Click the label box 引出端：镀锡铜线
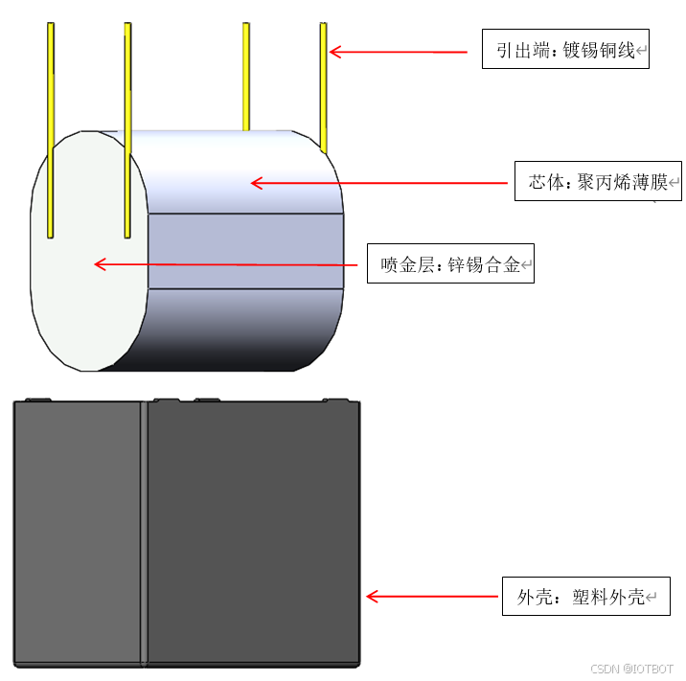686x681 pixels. tap(565, 50)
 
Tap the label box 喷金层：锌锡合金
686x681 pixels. tap(450, 264)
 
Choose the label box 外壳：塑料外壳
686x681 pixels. tap(586, 597)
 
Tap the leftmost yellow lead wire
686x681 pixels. tap(50, 125)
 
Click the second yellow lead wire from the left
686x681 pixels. tap(127, 125)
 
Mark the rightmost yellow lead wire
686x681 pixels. tap(324, 86)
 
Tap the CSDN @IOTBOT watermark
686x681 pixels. tap(631, 669)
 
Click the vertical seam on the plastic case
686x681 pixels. tap(144, 532)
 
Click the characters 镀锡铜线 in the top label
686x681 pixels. tap(599, 50)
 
